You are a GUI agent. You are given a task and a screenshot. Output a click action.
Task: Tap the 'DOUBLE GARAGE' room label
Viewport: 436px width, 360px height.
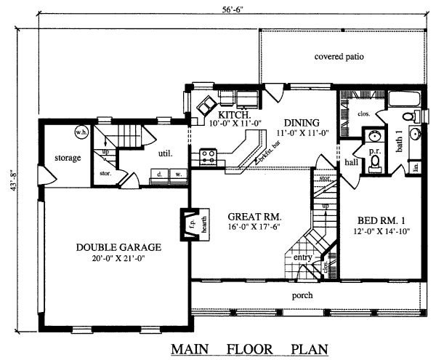point(118,247)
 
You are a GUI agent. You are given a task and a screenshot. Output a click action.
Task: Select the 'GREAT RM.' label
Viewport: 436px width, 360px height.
point(254,217)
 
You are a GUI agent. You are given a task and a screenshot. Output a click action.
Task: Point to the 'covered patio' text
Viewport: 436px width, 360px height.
point(339,57)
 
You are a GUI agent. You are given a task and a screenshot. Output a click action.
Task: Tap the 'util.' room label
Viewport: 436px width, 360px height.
point(164,153)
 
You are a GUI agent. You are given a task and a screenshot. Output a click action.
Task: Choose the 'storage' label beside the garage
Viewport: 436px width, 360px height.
point(68,158)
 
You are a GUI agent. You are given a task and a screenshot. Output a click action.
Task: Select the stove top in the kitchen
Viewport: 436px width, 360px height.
point(209,154)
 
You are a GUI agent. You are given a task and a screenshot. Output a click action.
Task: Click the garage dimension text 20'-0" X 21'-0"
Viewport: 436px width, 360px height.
point(118,258)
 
